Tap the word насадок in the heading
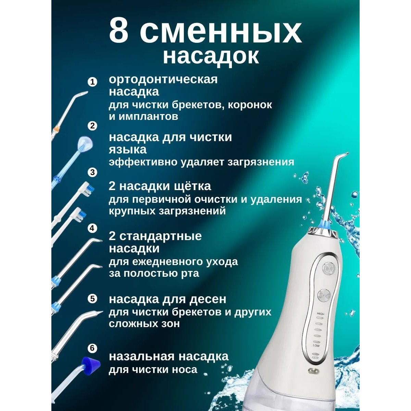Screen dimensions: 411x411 (x=210, y=56)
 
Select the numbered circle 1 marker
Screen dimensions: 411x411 (x=92, y=82)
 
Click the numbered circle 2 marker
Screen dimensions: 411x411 (x=92, y=126)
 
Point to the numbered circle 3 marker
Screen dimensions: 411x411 (x=92, y=172)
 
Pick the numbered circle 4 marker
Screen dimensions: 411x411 (x=92, y=228)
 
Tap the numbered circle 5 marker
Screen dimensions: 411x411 (x=92, y=299)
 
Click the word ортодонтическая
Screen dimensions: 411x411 (x=163, y=79)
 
